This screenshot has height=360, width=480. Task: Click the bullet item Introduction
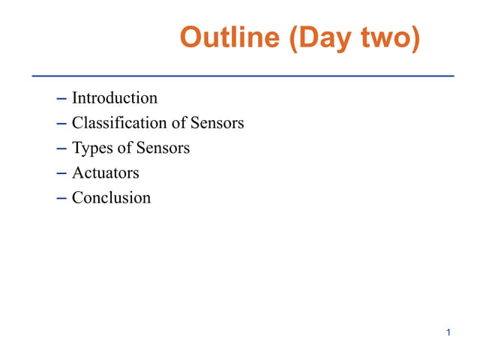[x=115, y=97]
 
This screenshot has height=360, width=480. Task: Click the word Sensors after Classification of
[x=217, y=123]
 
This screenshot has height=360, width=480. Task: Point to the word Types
[x=91, y=148]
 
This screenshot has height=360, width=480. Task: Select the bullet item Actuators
[x=106, y=173]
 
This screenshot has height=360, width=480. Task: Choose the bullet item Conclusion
[x=111, y=198]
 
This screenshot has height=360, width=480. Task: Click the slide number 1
[x=448, y=332]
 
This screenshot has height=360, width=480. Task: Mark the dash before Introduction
[x=61, y=98]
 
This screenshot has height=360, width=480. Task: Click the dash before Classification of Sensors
[x=61, y=123]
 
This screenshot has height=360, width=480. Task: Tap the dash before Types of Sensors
[x=61, y=148]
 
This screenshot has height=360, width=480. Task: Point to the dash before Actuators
[x=61, y=173]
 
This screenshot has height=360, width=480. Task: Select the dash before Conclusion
[x=61, y=199]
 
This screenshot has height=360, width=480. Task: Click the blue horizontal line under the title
[x=243, y=76]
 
